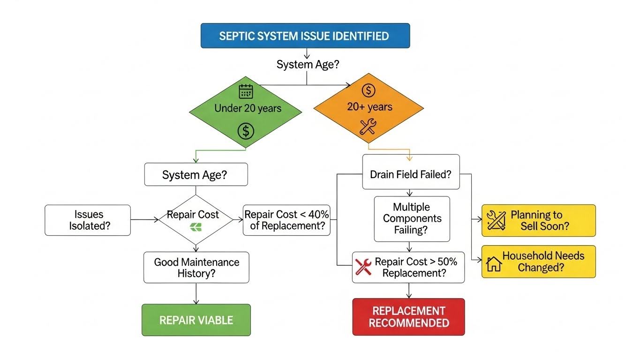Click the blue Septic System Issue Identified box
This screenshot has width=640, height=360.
pyautogui.click(x=305, y=36)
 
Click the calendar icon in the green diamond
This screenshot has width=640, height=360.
pyautogui.click(x=246, y=91)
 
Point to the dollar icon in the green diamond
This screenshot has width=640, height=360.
pyautogui.click(x=246, y=131)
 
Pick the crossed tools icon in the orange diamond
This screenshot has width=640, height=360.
pyautogui.click(x=368, y=127)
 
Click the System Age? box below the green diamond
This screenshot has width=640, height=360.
pyautogui.click(x=195, y=175)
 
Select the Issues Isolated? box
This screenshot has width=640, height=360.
pyautogui.click(x=87, y=220)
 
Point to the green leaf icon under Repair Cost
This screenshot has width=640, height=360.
pyautogui.click(x=194, y=228)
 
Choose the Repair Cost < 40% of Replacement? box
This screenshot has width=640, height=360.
pyautogui.click(x=286, y=220)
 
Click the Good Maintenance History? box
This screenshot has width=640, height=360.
pyautogui.click(x=196, y=268)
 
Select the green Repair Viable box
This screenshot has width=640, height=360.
pyautogui.click(x=196, y=320)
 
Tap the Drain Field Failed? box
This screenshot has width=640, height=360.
pyautogui.click(x=411, y=174)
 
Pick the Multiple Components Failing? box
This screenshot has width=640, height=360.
pyautogui.click(x=412, y=218)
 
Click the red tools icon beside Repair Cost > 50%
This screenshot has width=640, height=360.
pyautogui.click(x=364, y=266)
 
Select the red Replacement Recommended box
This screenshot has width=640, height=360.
pyautogui.click(x=408, y=317)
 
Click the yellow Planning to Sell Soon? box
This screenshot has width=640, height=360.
pyautogui.click(x=538, y=220)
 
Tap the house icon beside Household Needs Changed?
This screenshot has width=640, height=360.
pyautogui.click(x=494, y=264)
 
